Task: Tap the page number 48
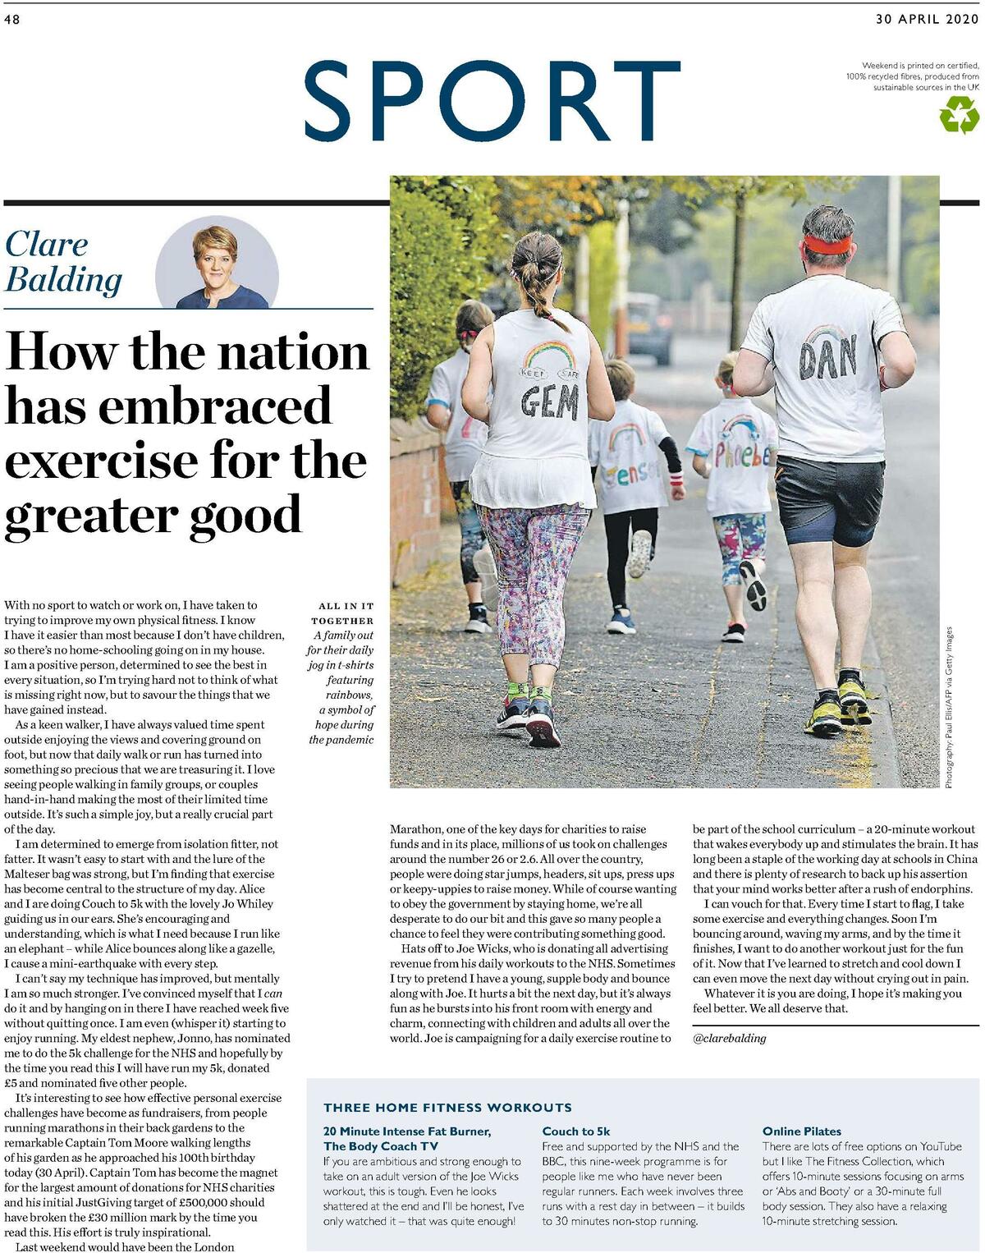11,21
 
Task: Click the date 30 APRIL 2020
927,20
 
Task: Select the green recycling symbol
960,115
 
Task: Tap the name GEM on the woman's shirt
549,403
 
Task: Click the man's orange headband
827,244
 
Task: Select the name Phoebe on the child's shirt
744,455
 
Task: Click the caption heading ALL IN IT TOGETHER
342,613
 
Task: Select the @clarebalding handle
729,1038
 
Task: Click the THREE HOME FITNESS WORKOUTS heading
447,1107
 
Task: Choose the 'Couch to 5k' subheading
576,1131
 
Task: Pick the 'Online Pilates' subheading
801,1131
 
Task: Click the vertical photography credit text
949,707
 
